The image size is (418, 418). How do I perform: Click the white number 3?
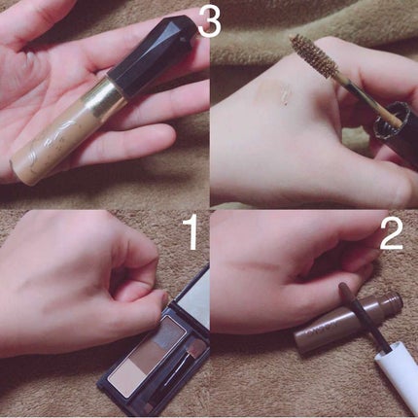[209, 21]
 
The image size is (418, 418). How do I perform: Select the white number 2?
[391, 233]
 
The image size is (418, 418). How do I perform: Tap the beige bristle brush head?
[315, 56]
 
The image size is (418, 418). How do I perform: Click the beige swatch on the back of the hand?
[273, 92]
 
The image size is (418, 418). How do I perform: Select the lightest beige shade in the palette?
[128, 377]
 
